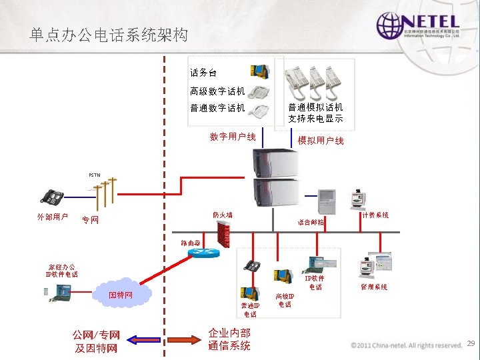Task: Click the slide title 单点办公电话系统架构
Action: pos(109,35)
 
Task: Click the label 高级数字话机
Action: pos(217,91)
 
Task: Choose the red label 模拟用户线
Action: pos(321,141)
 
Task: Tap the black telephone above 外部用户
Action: pos(51,197)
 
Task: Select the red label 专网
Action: pos(89,220)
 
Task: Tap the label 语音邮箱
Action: pos(310,223)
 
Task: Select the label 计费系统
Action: pos(375,215)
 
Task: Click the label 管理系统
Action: pos(374,287)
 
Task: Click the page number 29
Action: pos(470,343)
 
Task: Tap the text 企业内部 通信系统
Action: pos(229,339)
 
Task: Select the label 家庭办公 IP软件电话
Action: pos(61,269)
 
